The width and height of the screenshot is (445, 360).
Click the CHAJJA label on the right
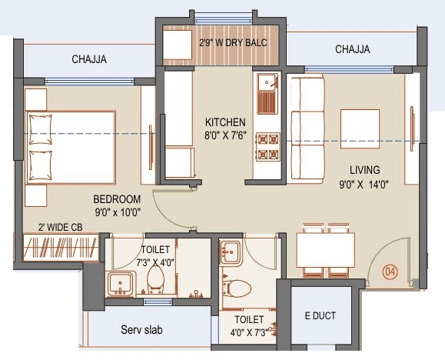(353, 49)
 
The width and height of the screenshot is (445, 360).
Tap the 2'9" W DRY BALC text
(233, 42)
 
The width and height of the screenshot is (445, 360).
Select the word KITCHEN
(225, 122)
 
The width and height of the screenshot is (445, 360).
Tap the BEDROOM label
(111, 198)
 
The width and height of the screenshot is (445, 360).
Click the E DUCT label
(320, 316)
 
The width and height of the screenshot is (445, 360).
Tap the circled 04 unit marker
(390, 271)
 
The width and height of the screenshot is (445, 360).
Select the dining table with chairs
(326, 250)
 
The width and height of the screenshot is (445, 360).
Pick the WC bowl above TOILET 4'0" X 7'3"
(238, 291)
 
